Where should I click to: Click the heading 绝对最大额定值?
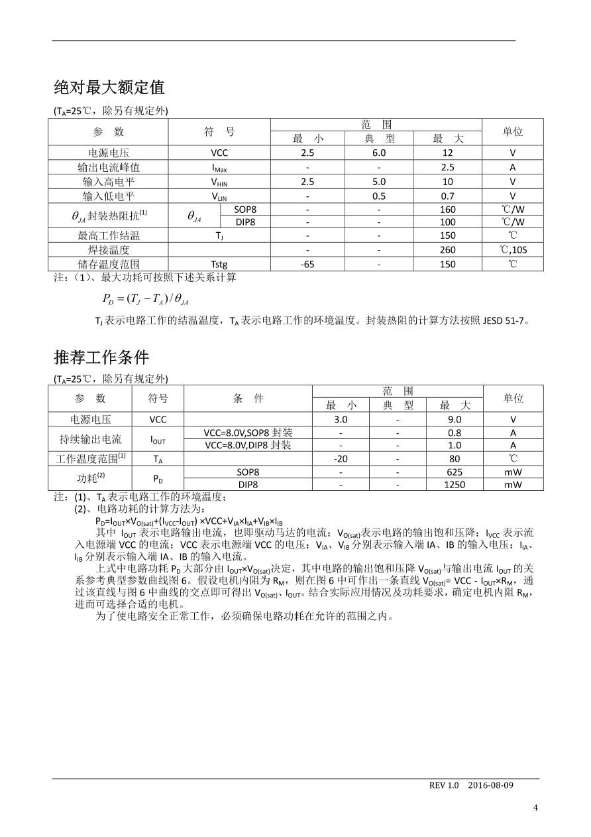[x=109, y=87]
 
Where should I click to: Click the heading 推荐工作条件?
[x=101, y=357]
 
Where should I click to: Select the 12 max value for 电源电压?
[x=448, y=153]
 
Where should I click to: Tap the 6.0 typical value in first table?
[x=379, y=153]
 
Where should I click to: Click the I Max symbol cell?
[x=219, y=168]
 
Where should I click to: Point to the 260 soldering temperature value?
[x=448, y=250]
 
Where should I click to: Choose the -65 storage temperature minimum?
[x=307, y=264]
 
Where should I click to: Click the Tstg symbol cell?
[x=219, y=264]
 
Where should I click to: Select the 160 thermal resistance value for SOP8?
[x=448, y=209]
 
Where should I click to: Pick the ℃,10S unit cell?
[x=512, y=250]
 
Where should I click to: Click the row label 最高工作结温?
[x=109, y=235]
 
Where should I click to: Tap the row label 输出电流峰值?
[x=109, y=167]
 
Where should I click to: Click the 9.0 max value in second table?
[x=455, y=419]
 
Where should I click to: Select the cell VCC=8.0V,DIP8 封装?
[x=248, y=445]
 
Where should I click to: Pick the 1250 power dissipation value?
[x=455, y=484]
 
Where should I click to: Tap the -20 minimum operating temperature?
[x=341, y=458]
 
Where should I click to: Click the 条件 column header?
[x=248, y=398]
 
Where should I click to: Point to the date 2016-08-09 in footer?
[x=490, y=785]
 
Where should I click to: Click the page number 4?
[x=536, y=807]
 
